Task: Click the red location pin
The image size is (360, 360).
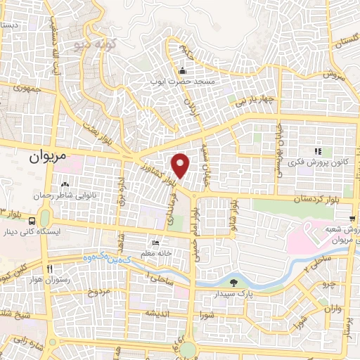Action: tap(181, 165)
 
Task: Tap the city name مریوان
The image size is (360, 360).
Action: tap(51, 157)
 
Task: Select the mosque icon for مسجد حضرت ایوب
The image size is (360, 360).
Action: tap(183, 70)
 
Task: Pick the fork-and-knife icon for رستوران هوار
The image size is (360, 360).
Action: tap(49, 269)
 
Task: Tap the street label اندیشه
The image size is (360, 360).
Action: tap(155, 312)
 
